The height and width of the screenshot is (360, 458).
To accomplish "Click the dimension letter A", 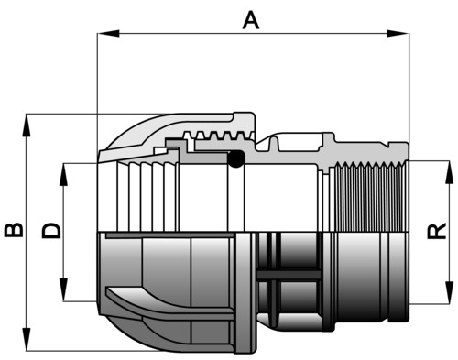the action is (251, 20).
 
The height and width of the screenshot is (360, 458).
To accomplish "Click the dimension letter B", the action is (14, 230).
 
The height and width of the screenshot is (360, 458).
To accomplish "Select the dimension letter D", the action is (51, 231).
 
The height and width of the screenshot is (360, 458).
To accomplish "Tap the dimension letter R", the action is (437, 231).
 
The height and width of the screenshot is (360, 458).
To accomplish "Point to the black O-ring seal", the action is (237, 158).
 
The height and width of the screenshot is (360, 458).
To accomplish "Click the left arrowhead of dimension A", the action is (108, 34).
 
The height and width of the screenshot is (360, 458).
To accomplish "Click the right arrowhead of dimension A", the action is (398, 34).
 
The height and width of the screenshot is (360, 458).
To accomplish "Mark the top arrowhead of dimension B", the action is (27, 125).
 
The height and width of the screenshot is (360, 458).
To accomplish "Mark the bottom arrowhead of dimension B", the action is (27, 340).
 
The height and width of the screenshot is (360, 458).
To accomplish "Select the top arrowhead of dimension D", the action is (63, 175).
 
